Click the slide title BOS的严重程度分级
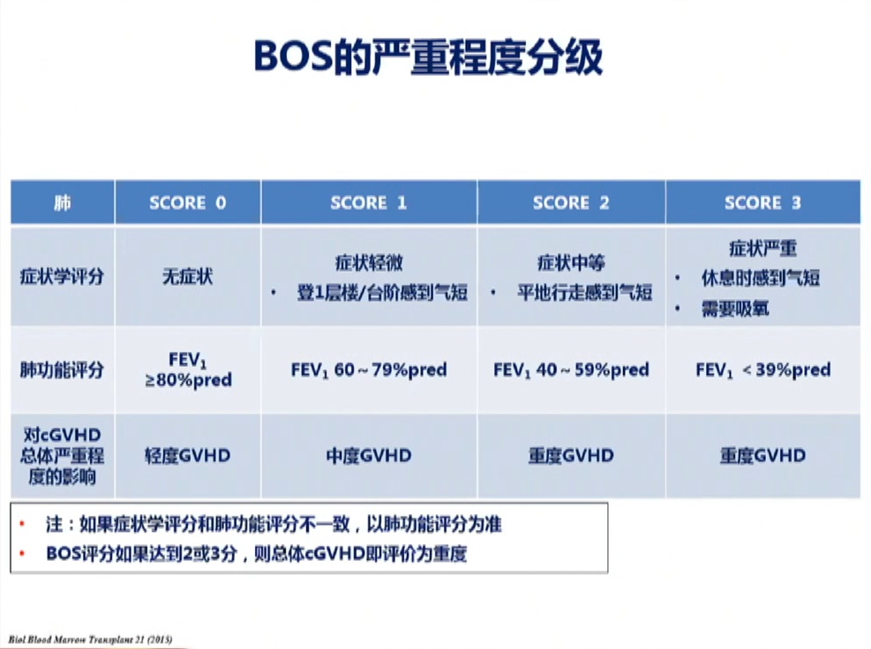click(x=428, y=56)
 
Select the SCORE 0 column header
click(x=188, y=203)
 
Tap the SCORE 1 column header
click(x=369, y=203)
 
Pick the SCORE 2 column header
click(x=571, y=203)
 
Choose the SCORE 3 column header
click(x=762, y=203)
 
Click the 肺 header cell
click(x=62, y=203)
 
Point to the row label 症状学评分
click(x=62, y=276)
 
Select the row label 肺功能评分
click(x=62, y=369)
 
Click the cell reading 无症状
click(x=188, y=276)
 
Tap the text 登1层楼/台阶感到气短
click(x=382, y=292)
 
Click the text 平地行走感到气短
click(x=584, y=292)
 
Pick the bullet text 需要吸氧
click(x=735, y=309)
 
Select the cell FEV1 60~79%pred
click(x=369, y=370)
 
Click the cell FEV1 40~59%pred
click(x=571, y=370)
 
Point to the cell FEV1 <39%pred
click(x=762, y=370)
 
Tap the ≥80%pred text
click(x=188, y=381)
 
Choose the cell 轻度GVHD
click(x=188, y=456)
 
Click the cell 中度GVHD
click(x=369, y=456)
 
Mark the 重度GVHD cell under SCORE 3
click(x=762, y=456)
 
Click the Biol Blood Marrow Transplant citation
click(x=90, y=639)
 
